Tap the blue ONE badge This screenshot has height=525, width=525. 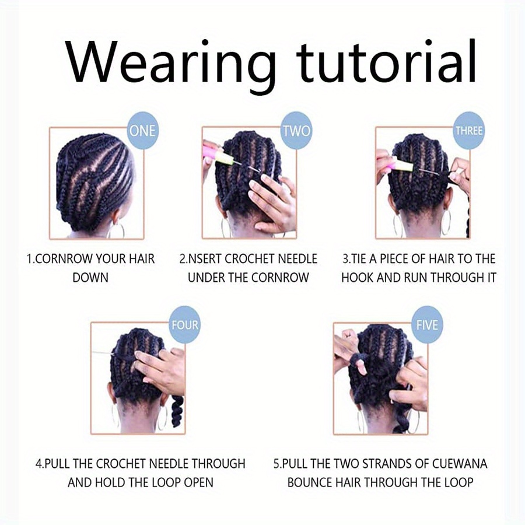142,131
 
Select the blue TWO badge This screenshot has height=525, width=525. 296,131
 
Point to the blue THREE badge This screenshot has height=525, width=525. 469,131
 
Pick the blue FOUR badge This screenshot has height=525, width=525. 184,325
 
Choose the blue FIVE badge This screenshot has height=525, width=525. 427,325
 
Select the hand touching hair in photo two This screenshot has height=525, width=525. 269,201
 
